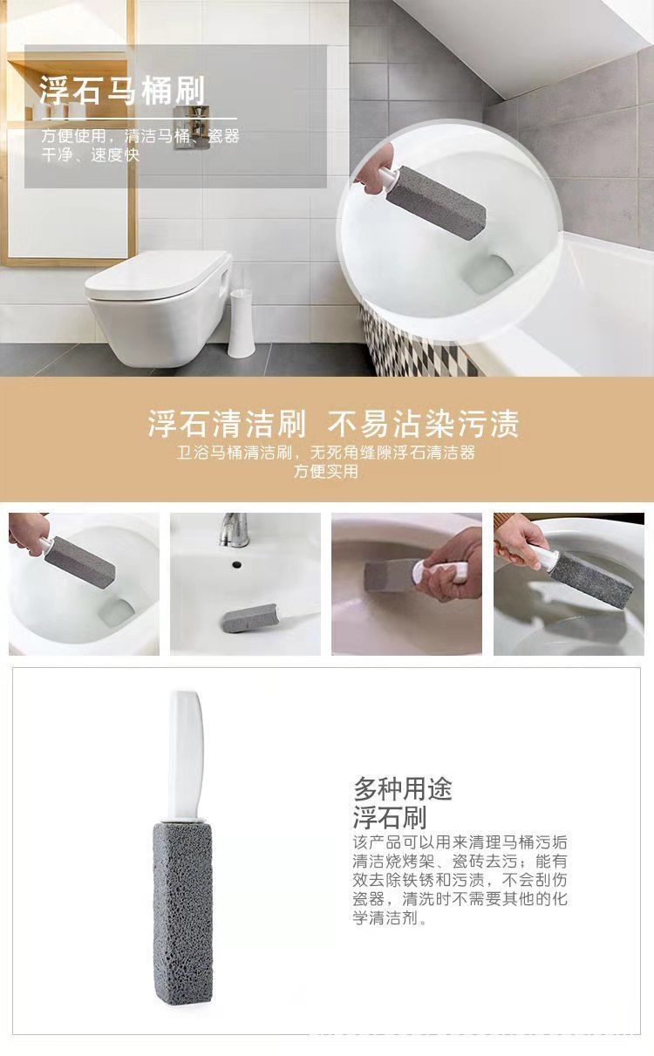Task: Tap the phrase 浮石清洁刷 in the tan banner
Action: pos(227,425)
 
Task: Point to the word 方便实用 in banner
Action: pos(326,473)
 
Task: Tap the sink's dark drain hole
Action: pos(235,564)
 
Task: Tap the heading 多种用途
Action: pos(403,789)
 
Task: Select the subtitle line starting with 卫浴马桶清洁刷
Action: pos(326,453)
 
